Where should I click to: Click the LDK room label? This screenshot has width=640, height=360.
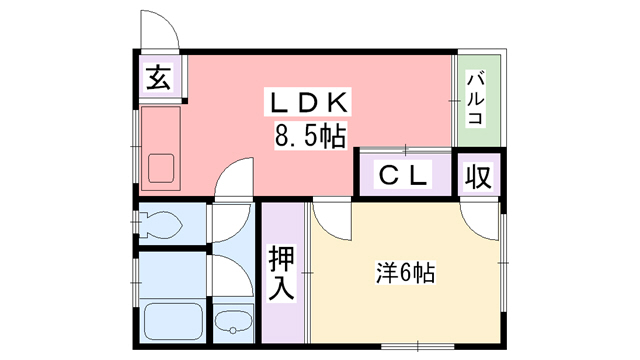[x=308, y=103]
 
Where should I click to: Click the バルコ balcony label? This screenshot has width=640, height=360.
[x=476, y=98]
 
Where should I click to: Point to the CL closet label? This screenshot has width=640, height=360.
[x=404, y=175]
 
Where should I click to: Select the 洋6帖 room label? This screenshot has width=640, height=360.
[x=404, y=271]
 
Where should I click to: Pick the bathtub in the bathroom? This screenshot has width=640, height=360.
[x=173, y=320]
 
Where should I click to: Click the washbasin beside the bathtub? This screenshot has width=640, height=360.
[x=235, y=322]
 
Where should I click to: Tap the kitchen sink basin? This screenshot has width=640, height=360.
[x=161, y=167]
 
